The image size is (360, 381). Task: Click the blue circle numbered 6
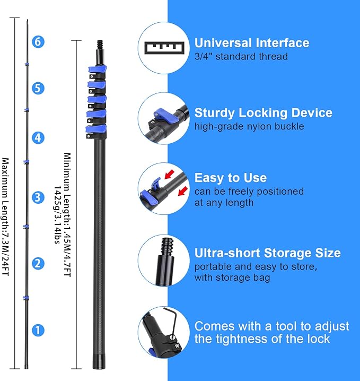click(38, 41)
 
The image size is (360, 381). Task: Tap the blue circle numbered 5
click(37, 88)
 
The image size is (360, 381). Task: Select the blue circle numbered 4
click(37, 138)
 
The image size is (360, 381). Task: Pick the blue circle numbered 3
click(37, 198)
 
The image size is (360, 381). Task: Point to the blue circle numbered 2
click(37, 263)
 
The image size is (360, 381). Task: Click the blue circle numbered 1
click(37, 330)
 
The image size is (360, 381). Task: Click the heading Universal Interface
click(252, 43)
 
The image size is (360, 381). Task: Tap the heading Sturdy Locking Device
click(263, 112)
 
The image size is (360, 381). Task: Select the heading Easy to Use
click(230, 178)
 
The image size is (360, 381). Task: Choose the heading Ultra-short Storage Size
click(267, 253)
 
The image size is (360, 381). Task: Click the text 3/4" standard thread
click(241, 56)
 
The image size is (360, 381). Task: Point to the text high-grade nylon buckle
click(249, 126)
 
